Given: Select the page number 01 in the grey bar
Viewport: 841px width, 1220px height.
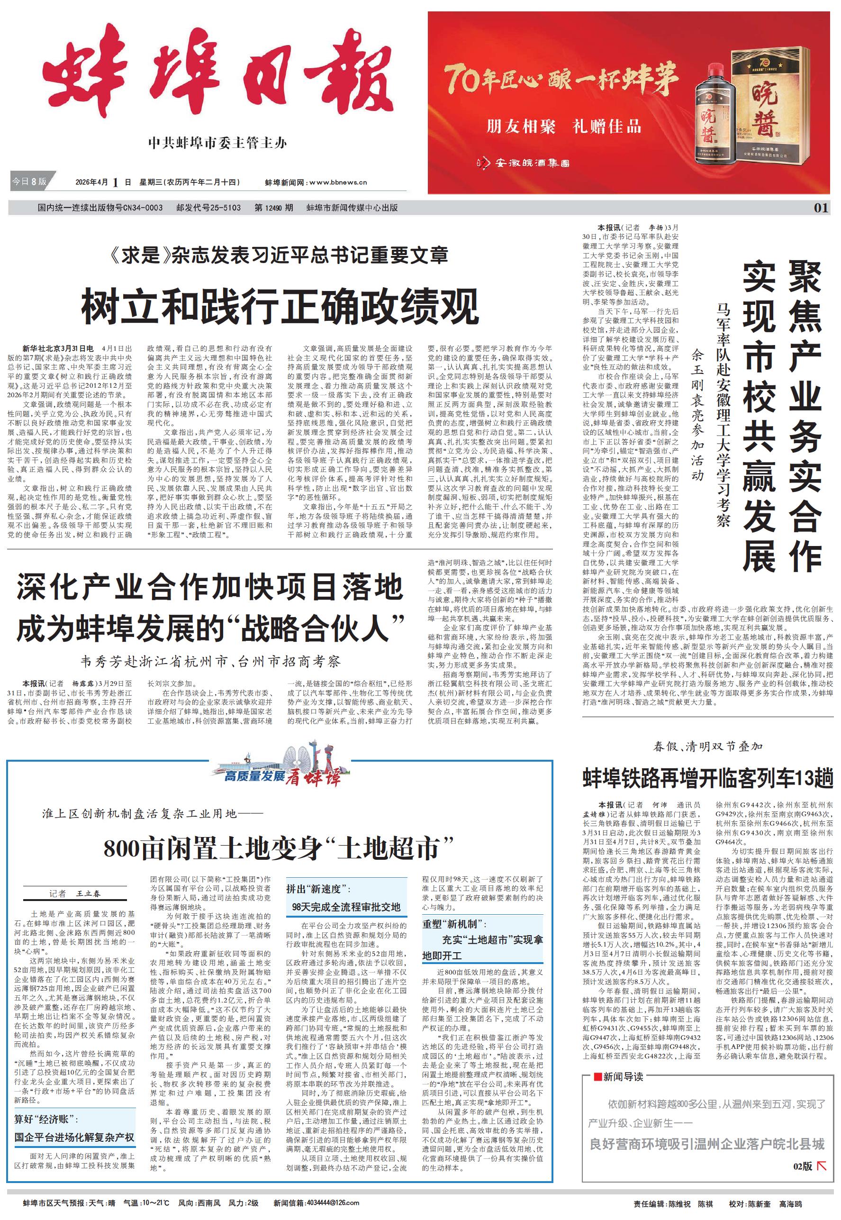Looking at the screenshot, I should point(821,208).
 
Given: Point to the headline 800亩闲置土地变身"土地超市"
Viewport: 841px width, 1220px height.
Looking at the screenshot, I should point(279,848).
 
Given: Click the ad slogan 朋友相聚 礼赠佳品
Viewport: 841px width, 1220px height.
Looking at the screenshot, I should point(564,127).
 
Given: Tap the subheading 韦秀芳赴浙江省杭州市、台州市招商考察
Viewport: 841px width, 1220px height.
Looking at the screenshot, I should point(210,661).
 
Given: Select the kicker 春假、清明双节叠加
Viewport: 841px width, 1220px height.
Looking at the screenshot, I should point(707,746).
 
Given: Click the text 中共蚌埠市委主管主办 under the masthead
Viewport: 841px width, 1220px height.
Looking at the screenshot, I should point(217,143).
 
